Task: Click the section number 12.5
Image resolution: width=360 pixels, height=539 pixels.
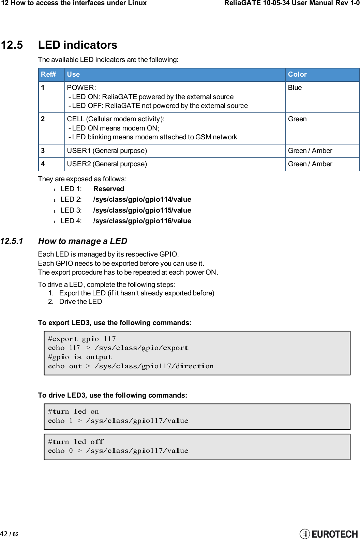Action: [x=12, y=45]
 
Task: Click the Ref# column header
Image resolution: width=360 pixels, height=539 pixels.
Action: [x=48, y=74]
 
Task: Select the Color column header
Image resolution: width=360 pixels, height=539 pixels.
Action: [x=297, y=74]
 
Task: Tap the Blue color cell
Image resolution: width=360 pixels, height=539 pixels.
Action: [x=295, y=88]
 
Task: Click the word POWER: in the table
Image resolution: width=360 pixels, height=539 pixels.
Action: [x=81, y=88]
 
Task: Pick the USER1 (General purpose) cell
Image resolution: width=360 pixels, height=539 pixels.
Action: [x=107, y=151]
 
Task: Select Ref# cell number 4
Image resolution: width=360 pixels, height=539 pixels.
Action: [x=43, y=164]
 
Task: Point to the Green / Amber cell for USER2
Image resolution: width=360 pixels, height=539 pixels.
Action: [x=310, y=164]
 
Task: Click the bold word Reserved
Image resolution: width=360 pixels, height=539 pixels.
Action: [x=108, y=189]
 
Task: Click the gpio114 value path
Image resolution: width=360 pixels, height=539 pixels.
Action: [x=142, y=199]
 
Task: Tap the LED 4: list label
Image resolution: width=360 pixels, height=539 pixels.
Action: [x=71, y=221]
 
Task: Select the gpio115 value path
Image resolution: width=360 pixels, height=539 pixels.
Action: [x=142, y=210]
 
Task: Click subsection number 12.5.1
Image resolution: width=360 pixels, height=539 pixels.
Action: [x=12, y=241]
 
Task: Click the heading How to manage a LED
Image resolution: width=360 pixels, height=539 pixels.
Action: [x=82, y=241]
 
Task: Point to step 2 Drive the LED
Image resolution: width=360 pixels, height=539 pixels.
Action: [x=80, y=302]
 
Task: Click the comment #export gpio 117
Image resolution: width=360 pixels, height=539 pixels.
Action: [x=82, y=339]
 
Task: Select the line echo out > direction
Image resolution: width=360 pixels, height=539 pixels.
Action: [x=131, y=366]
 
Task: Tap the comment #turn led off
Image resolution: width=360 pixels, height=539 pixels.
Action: [x=76, y=442]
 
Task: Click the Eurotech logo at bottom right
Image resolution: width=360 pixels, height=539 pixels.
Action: [x=329, y=534]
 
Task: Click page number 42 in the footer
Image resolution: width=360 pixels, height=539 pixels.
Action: [x=4, y=534]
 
